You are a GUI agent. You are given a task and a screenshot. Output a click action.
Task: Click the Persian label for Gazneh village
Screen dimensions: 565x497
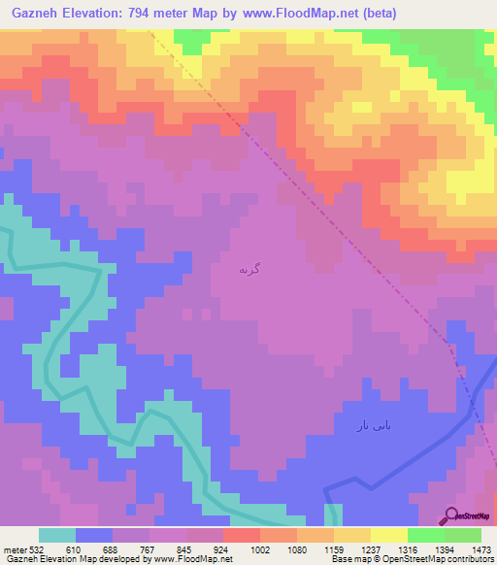click(249, 269)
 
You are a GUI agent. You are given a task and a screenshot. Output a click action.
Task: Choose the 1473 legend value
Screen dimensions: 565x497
click(482, 548)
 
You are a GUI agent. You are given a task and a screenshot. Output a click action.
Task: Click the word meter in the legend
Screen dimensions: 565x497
click(14, 548)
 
